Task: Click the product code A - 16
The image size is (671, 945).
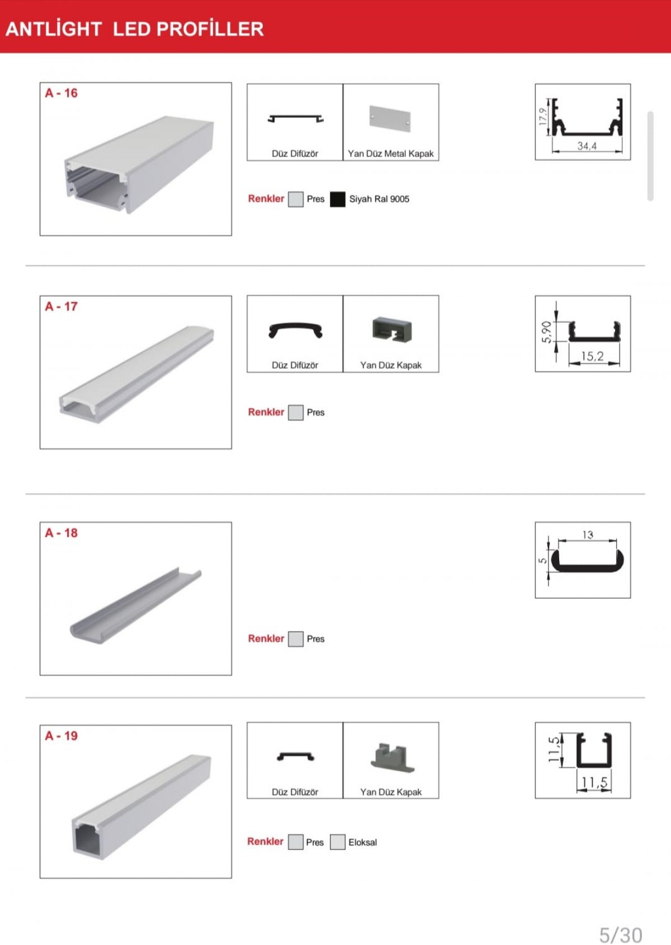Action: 62,93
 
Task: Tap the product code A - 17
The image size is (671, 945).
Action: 62,306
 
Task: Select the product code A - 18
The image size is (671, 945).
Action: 62,533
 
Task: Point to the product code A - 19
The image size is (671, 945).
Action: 62,736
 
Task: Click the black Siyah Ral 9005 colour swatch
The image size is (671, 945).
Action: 337,199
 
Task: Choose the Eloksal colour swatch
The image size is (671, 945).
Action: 337,842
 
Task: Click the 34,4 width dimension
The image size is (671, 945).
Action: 587,146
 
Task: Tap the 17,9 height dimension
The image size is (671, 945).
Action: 543,116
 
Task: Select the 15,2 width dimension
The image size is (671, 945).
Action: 593,356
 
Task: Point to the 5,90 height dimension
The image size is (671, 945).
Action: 546,332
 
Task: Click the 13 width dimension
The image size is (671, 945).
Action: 588,535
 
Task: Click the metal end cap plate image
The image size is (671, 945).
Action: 390,118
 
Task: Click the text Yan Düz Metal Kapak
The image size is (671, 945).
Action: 391,154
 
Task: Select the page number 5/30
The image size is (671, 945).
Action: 621,934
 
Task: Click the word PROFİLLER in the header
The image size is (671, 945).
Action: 210,29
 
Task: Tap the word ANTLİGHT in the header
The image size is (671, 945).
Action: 54,29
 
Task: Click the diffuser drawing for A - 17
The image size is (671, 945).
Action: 296,330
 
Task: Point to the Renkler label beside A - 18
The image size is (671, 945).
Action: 266,638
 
